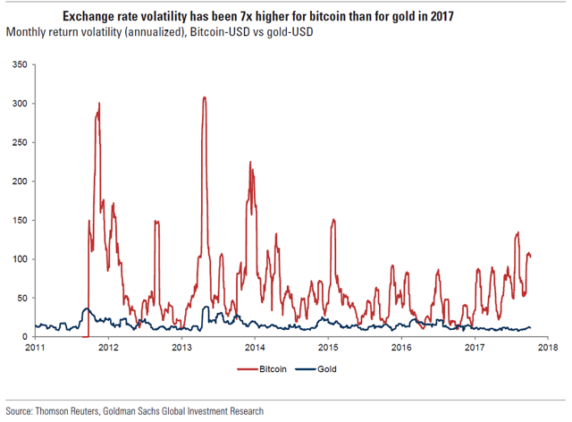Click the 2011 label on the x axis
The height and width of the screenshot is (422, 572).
click(35, 348)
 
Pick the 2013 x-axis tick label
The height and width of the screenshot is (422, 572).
click(181, 348)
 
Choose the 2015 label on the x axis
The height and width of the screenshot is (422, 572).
click(328, 348)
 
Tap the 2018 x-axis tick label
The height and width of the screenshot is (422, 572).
click(547, 348)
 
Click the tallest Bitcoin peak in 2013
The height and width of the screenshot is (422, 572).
click(205, 97)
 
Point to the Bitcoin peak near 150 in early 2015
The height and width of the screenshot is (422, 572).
click(333, 220)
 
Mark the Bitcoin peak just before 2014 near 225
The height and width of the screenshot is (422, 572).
click(249, 162)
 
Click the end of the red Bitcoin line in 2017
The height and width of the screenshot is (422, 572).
click(532, 257)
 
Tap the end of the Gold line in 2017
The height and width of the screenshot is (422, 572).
click(532, 328)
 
